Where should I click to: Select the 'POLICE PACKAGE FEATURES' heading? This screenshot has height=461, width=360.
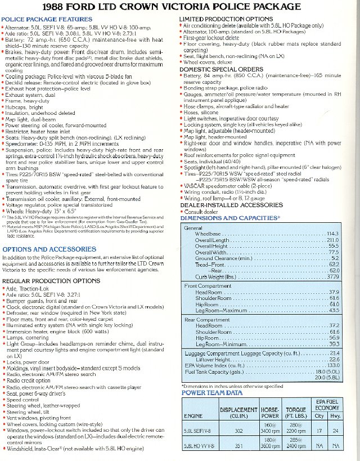pyautogui.click(x=40, y=19)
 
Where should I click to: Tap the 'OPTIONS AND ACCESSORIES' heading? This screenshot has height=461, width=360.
pyautogui.click(x=49, y=248)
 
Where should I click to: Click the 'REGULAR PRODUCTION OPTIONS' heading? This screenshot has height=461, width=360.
pyautogui.click(x=51, y=280)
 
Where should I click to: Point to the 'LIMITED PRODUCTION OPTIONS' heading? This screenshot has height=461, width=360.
pyautogui.click(x=218, y=19)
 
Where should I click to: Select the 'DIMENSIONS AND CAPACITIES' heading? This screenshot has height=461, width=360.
pyautogui.click(x=230, y=218)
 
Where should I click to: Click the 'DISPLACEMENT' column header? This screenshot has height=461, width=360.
pyautogui.click(x=238, y=410)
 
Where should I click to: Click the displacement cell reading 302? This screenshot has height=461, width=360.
pyautogui.click(x=238, y=431)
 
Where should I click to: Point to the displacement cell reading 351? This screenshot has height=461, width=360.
pyautogui.click(x=238, y=446)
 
